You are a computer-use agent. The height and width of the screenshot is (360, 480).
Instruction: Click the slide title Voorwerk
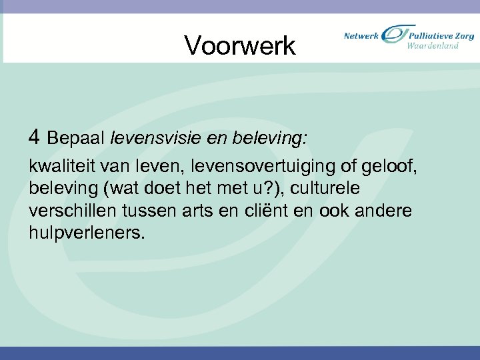(x=239, y=45)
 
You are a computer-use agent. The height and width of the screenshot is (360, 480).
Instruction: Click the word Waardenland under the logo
(x=433, y=46)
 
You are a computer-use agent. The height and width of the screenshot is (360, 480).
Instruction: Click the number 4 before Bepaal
(x=35, y=138)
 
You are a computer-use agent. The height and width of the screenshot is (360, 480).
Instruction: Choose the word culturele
(x=333, y=188)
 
